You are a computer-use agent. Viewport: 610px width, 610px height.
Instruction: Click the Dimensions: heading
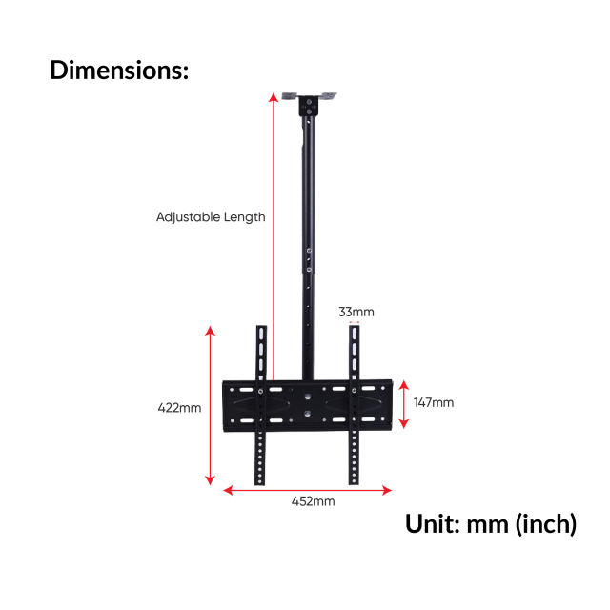[x=119, y=70]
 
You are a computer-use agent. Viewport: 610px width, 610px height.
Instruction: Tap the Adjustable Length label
[x=211, y=217]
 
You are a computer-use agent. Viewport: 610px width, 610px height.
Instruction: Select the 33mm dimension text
[x=356, y=312]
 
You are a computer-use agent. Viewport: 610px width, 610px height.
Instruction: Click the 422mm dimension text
[x=179, y=408]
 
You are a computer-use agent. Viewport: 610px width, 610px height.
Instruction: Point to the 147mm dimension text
[x=434, y=402]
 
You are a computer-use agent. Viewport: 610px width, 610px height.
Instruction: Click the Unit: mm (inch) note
[x=491, y=524]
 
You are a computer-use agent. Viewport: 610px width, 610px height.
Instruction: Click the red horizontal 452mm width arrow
[x=307, y=490]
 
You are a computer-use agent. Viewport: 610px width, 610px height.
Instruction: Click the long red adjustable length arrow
[x=273, y=238]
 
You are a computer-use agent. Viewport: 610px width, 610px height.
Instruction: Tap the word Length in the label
[x=245, y=217]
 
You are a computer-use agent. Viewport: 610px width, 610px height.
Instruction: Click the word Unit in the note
[x=432, y=524]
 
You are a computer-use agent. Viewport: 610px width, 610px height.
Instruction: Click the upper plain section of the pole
[x=309, y=181]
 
